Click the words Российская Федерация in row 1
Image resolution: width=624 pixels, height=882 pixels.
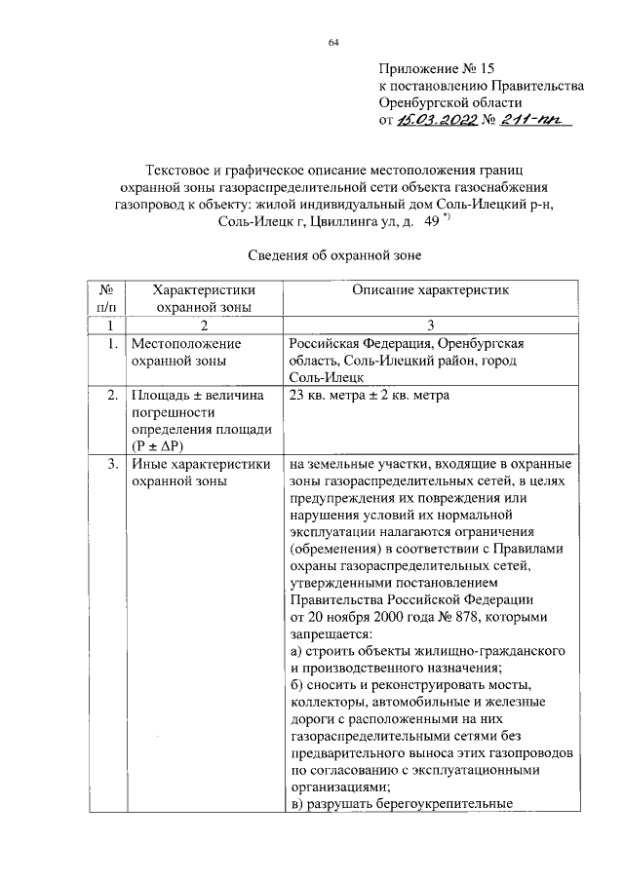click(x=361, y=344)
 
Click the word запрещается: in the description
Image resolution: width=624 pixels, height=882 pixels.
click(x=332, y=634)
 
